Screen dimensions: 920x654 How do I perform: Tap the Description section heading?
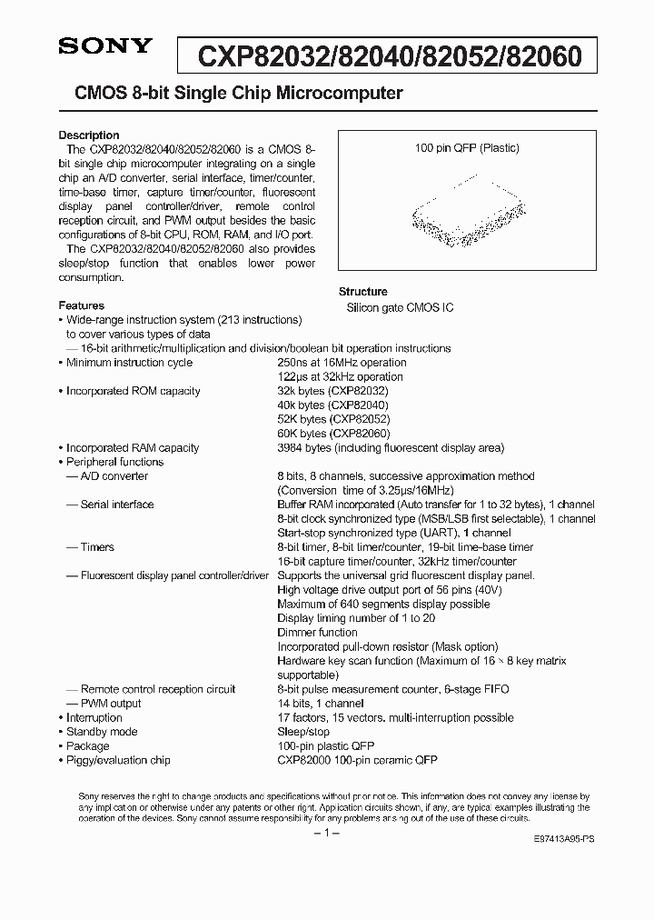[89, 135]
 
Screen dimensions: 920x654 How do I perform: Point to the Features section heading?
[81, 305]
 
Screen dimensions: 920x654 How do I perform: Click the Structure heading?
[362, 292]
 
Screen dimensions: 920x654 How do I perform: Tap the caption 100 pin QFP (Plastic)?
[467, 148]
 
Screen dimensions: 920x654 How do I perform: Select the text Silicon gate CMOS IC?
[400, 308]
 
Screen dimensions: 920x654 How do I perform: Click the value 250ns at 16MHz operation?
[341, 363]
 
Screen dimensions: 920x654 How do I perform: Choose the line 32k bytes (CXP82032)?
[332, 391]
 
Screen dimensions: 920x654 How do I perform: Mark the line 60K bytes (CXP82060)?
[332, 434]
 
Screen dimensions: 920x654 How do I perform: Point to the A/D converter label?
[114, 476]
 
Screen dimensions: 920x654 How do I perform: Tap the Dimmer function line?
[317, 632]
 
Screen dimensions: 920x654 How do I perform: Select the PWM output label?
[110, 703]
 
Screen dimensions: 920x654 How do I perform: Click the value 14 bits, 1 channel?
[320, 703]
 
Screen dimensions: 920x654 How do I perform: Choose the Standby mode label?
[102, 732]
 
